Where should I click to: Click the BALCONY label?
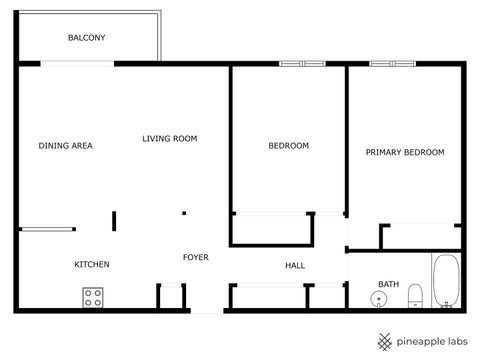[x=87, y=38]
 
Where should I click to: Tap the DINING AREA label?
[x=66, y=146]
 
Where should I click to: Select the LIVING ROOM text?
[x=169, y=139]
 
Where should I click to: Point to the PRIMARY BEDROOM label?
[x=404, y=152]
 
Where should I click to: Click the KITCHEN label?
[x=92, y=264]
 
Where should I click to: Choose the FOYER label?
[x=195, y=257]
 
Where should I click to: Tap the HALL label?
[x=295, y=265]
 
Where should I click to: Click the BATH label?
[x=388, y=284]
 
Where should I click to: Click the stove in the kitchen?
[x=94, y=297]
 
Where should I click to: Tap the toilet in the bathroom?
[x=417, y=296]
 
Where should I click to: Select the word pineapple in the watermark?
[x=421, y=341]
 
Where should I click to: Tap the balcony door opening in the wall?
[x=77, y=64]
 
